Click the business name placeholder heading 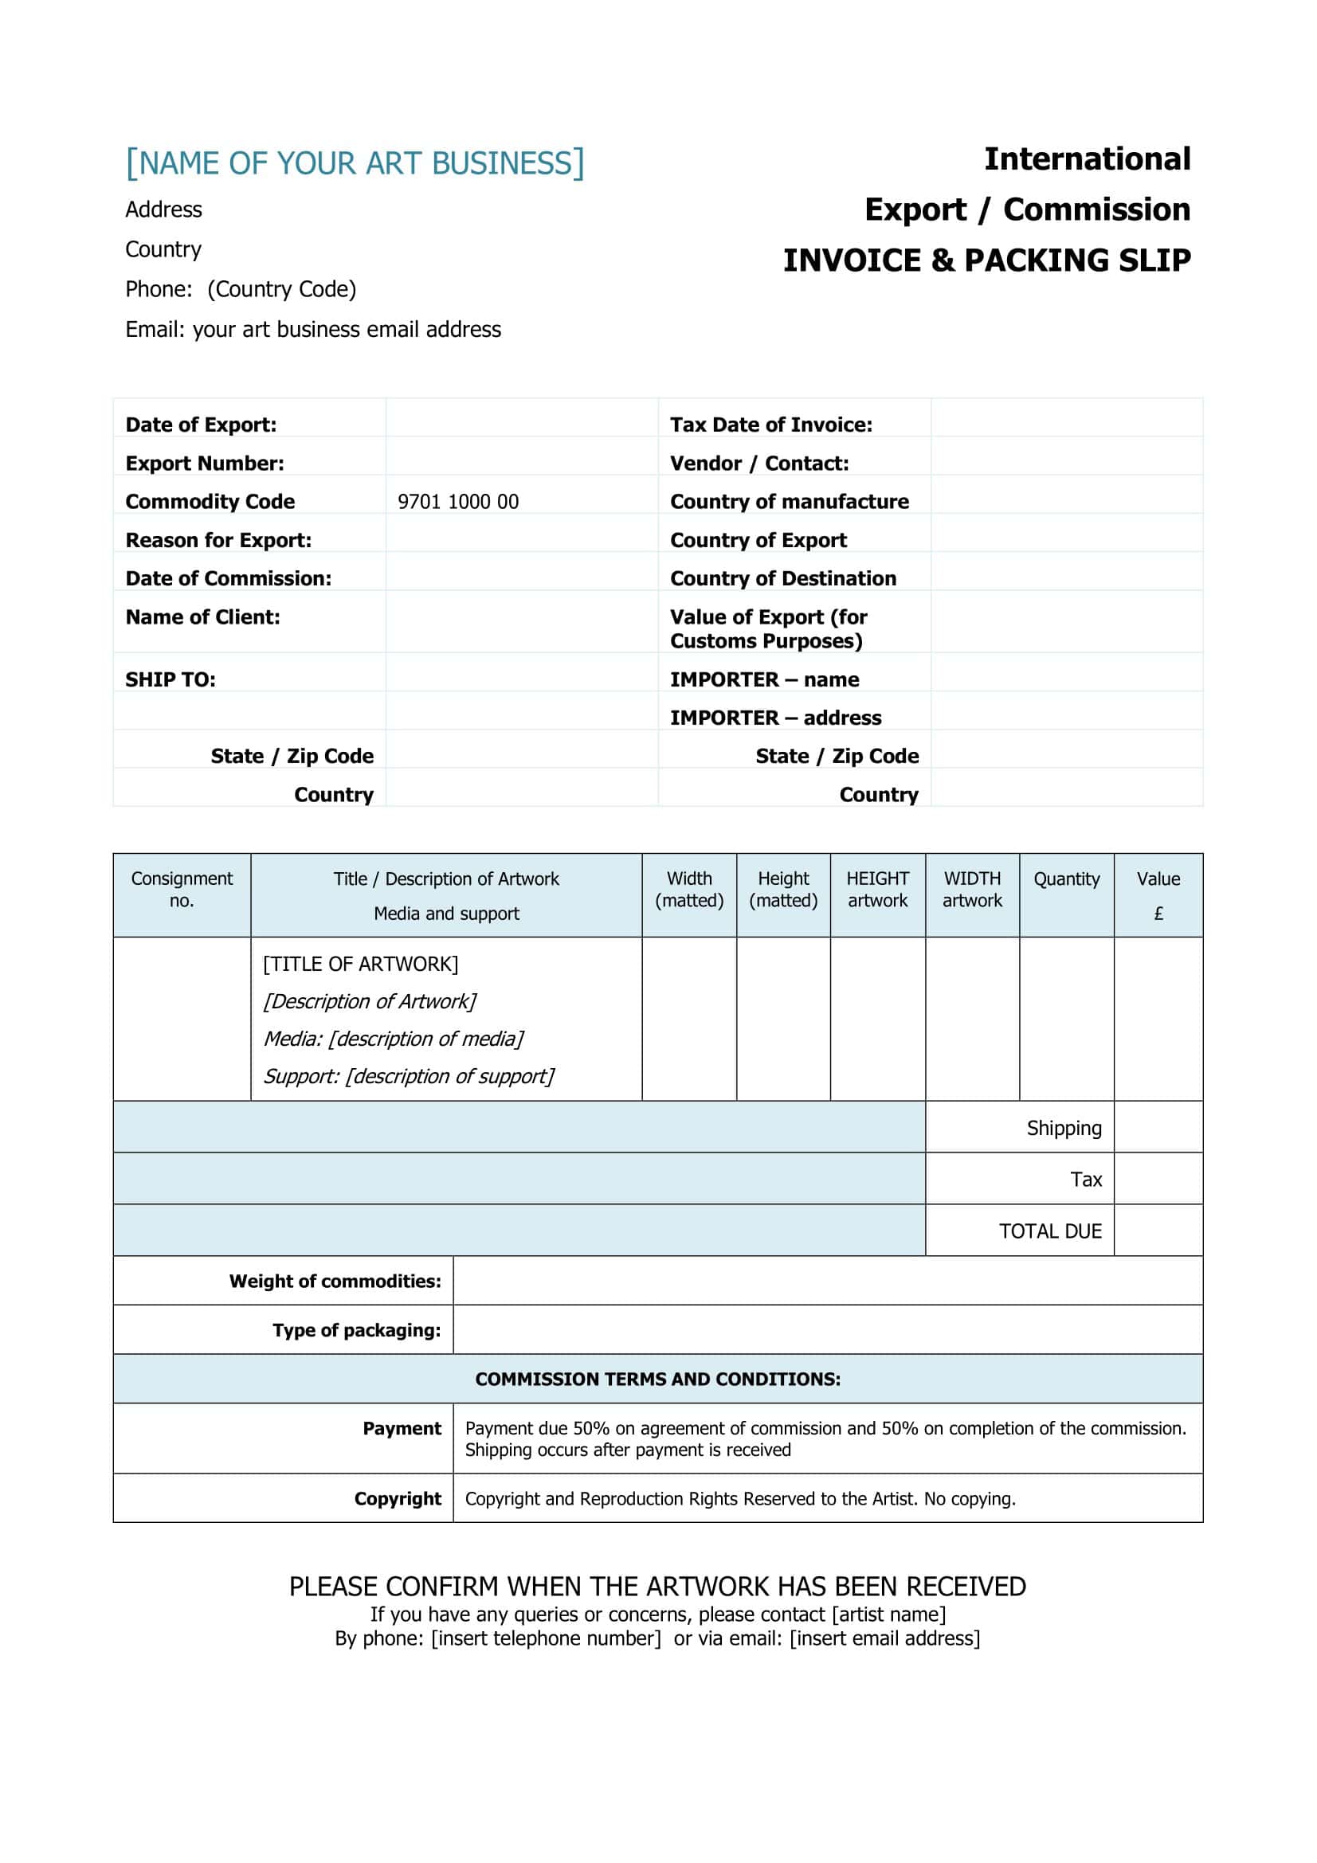[355, 163]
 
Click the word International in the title [1087, 159]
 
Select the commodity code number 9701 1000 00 [457, 502]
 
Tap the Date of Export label [201, 425]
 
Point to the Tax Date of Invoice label [770, 425]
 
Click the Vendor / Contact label [758, 464]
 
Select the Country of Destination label [782, 578]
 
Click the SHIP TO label [171, 679]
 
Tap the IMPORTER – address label [775, 718]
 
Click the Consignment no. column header [182, 890]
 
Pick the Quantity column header [1065, 879]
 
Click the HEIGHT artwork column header [877, 890]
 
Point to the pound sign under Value [1158, 914]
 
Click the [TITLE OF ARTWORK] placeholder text [360, 964]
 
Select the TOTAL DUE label [1049, 1231]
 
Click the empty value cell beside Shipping [1158, 1127]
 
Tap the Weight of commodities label [335, 1282]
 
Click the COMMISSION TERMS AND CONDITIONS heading [657, 1380]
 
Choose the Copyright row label [397, 1499]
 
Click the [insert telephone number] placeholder [545, 1638]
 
